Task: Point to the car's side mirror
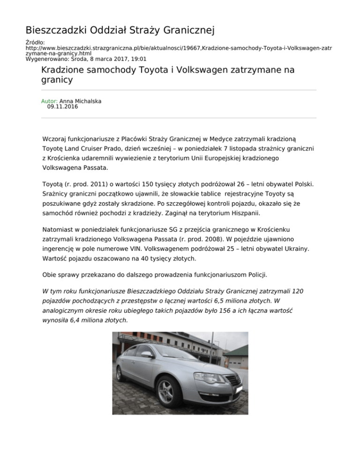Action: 146,354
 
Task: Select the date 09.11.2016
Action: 63,107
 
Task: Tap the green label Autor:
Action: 49,101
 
